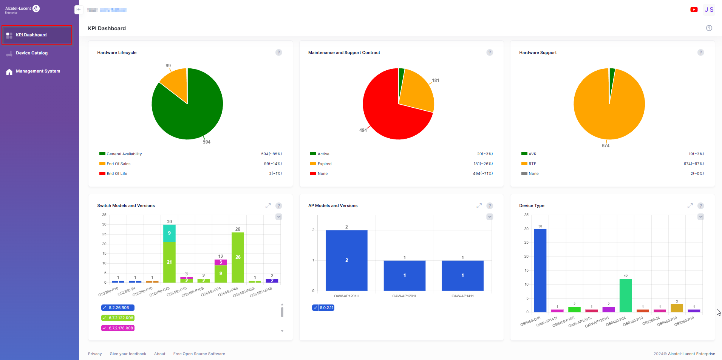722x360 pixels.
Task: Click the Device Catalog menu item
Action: click(x=32, y=53)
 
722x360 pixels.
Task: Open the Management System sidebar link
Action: click(x=38, y=71)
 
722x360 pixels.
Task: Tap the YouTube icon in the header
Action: click(x=694, y=10)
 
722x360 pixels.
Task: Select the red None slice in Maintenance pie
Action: click(x=389, y=117)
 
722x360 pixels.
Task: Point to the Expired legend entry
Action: click(x=324, y=164)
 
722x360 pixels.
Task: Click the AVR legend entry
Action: click(x=532, y=154)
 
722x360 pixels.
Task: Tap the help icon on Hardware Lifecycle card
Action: click(x=278, y=53)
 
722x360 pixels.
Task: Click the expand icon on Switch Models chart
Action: click(x=268, y=206)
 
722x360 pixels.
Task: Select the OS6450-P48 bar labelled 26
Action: click(x=238, y=257)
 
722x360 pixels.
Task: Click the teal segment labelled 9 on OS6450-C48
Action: click(x=169, y=233)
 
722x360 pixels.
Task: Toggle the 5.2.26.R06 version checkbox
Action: click(x=104, y=308)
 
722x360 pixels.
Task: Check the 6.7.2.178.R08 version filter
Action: click(x=104, y=328)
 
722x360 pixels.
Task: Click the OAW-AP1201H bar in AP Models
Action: click(x=346, y=260)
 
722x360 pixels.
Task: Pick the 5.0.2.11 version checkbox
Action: click(x=315, y=308)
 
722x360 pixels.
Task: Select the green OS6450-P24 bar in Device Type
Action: click(x=626, y=295)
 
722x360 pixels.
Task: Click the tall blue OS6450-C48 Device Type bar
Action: click(x=540, y=270)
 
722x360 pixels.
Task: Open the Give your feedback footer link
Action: click(x=128, y=354)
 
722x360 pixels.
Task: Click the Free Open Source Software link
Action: click(x=199, y=354)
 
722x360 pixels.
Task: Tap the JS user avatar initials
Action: click(x=709, y=10)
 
